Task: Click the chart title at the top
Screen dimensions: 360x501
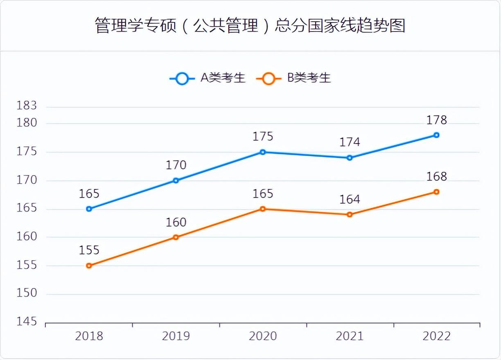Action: click(250, 25)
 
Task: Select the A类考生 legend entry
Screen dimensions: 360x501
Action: click(208, 78)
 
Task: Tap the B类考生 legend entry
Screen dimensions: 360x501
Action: click(294, 78)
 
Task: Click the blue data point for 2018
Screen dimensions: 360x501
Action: click(89, 209)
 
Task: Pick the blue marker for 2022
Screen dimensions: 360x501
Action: click(436, 135)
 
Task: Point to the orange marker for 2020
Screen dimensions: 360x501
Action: click(263, 209)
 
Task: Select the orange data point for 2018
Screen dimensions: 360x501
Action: click(89, 265)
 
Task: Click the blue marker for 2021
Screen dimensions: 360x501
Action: click(350, 157)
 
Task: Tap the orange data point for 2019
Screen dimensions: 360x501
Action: click(176, 237)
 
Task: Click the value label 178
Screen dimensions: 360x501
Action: click(436, 120)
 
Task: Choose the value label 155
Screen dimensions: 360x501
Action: click(89, 250)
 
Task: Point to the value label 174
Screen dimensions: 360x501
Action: click(350, 142)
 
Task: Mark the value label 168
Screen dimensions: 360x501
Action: click(436, 177)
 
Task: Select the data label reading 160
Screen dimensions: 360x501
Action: click(176, 223)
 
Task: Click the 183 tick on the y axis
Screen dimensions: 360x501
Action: click(27, 106)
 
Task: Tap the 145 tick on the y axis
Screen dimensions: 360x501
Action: click(27, 322)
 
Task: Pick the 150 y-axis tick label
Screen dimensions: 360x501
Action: click(27, 293)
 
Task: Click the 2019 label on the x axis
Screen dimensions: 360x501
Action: click(176, 336)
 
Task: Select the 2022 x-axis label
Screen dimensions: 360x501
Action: click(436, 336)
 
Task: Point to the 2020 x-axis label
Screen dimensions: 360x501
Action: click(263, 336)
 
